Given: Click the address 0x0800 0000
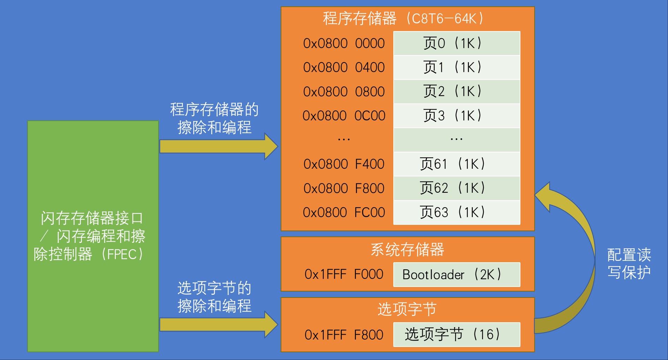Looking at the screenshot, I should pos(344,43).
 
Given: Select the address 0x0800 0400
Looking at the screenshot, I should pos(344,67).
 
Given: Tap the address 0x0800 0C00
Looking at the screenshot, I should pos(344,116).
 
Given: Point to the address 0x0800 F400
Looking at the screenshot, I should pos(344,164).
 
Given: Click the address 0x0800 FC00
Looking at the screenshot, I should pos(344,212).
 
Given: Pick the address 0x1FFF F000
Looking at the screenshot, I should pos(344,274).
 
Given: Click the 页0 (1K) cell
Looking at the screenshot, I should pos(457,43).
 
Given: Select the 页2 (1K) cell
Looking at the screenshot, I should pos(457,91).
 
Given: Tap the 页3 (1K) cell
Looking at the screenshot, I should pos(457,116).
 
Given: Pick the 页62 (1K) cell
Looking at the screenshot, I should pos(457,188).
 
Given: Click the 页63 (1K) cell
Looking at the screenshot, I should pos(457,212).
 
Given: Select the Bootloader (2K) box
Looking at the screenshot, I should pos(457,275).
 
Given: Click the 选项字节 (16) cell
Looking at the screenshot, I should pos(457,334).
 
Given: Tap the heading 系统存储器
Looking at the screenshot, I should pos(407,250).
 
